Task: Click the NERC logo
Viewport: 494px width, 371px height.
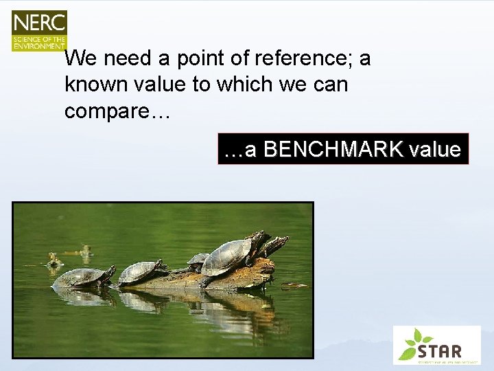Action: (39, 31)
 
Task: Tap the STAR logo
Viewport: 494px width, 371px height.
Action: (436, 345)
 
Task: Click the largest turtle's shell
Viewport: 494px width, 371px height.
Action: (228, 256)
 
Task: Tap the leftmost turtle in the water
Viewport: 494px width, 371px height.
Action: (82, 276)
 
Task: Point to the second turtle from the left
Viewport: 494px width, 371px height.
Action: (141, 271)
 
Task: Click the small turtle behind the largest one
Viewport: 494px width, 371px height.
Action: (198, 260)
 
